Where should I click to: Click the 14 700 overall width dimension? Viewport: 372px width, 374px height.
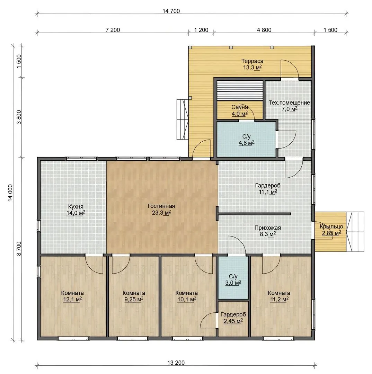(171, 11)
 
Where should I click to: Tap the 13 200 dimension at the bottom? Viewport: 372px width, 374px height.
(176, 363)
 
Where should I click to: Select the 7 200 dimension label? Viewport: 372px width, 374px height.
(113, 30)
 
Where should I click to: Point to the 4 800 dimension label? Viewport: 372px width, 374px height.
(264, 30)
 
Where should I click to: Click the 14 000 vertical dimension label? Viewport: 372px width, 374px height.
(11, 193)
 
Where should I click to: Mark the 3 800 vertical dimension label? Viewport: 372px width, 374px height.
(19, 117)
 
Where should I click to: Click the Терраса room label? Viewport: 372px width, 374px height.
(252, 61)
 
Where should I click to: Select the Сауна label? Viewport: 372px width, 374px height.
(240, 107)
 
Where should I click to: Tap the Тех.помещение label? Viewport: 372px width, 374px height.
(289, 103)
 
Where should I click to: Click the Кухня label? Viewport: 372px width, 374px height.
(76, 206)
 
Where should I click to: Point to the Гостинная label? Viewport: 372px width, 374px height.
(161, 206)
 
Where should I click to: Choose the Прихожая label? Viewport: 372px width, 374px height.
(267, 228)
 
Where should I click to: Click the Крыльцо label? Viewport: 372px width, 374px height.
(331, 226)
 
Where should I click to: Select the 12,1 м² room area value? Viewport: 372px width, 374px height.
(72, 299)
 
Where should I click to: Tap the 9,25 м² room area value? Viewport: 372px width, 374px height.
(134, 299)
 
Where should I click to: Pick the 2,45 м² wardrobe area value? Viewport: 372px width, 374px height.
(233, 321)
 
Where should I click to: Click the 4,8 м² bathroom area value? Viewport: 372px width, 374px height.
(247, 143)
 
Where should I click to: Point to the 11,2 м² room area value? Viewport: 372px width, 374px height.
(279, 299)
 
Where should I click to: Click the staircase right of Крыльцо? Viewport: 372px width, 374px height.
(355, 232)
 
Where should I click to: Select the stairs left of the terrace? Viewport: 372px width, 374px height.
(183, 119)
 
